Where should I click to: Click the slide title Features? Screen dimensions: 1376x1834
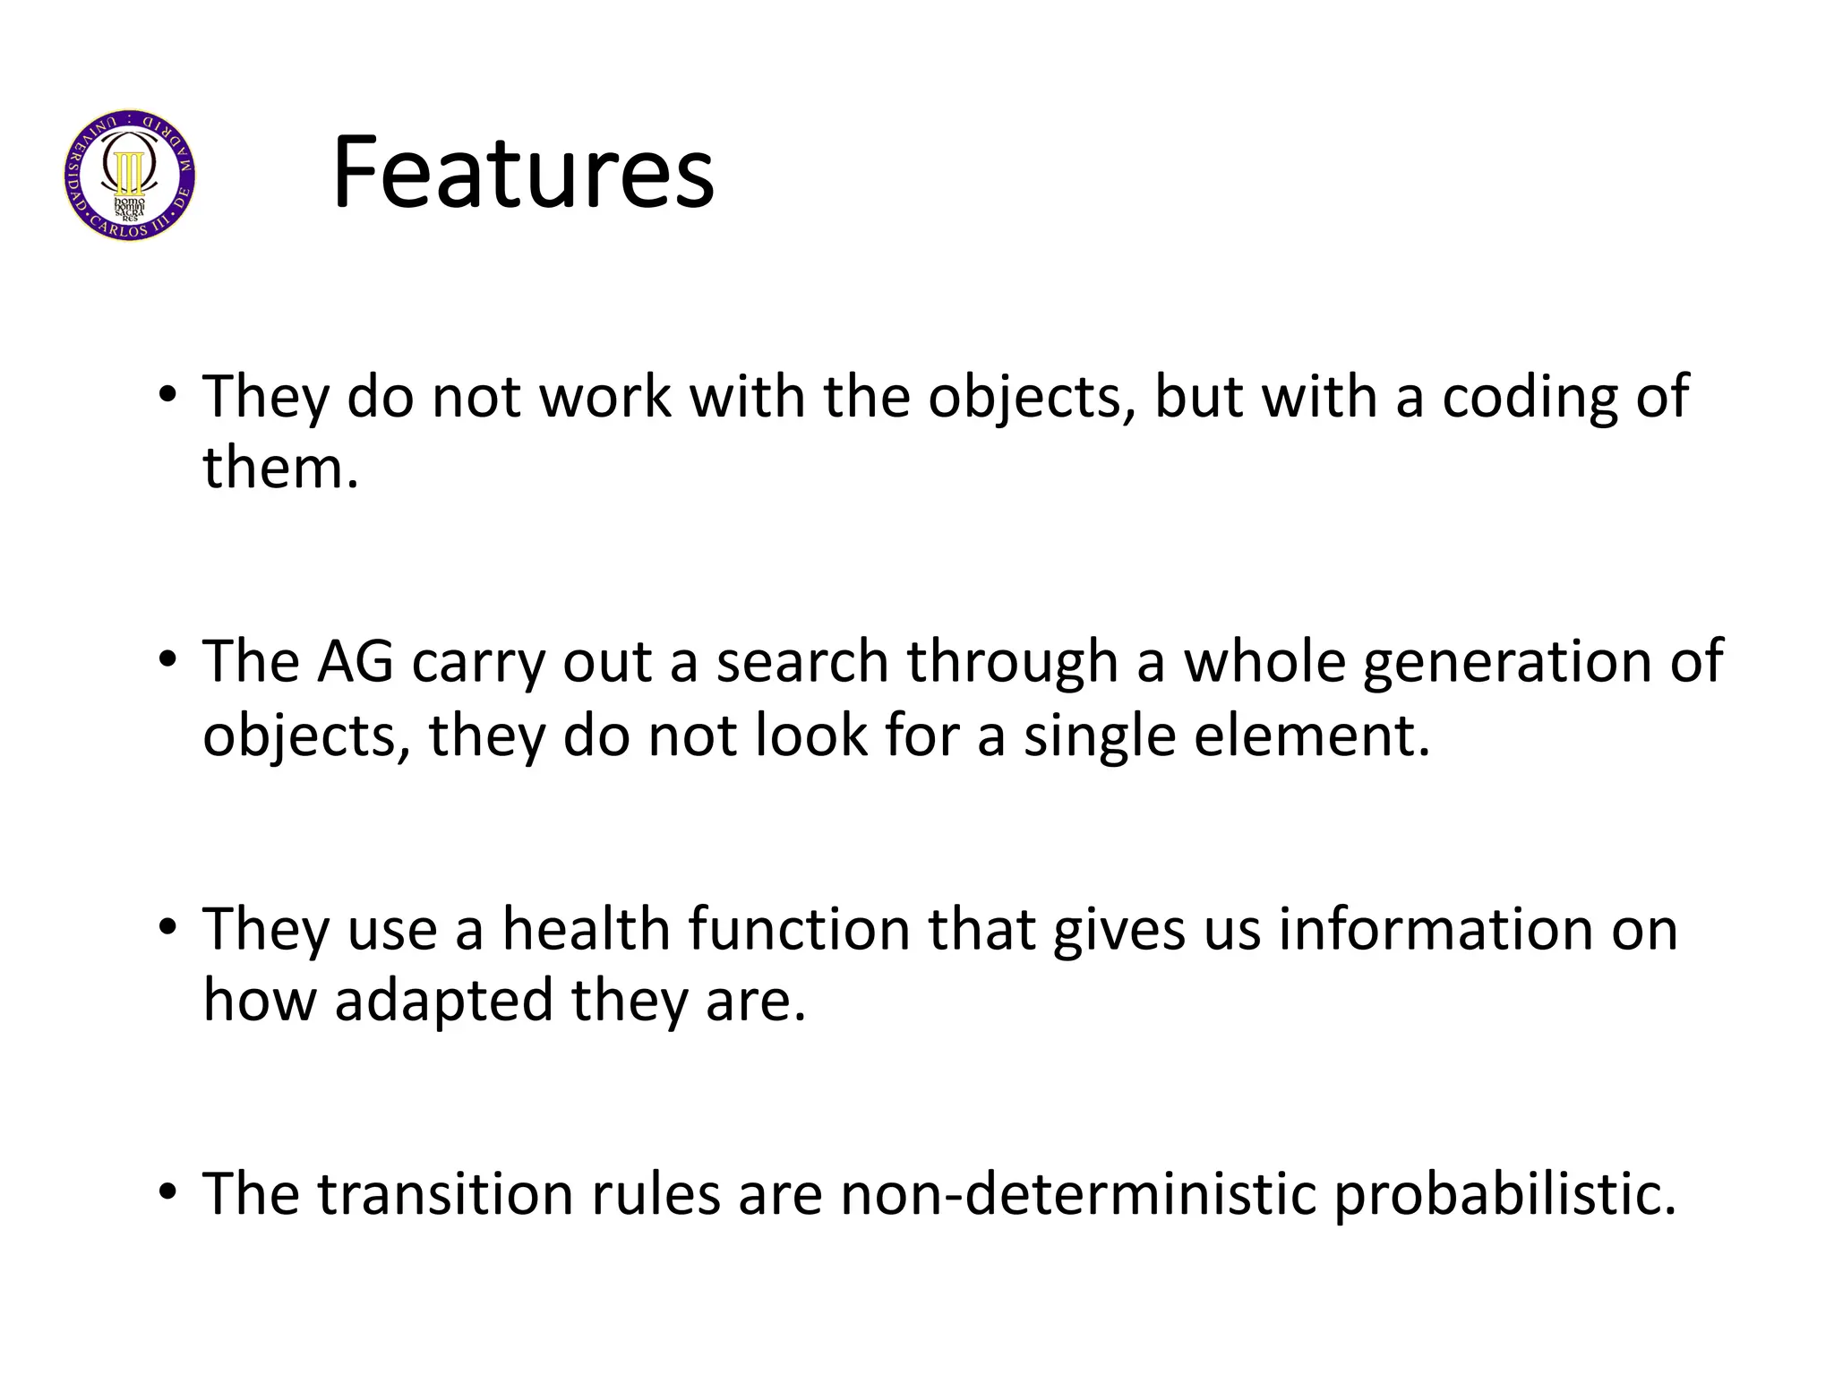click(523, 172)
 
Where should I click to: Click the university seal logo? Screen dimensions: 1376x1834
click(130, 176)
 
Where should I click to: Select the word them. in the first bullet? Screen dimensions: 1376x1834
click(280, 468)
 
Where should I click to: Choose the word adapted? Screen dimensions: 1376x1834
click(443, 1002)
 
